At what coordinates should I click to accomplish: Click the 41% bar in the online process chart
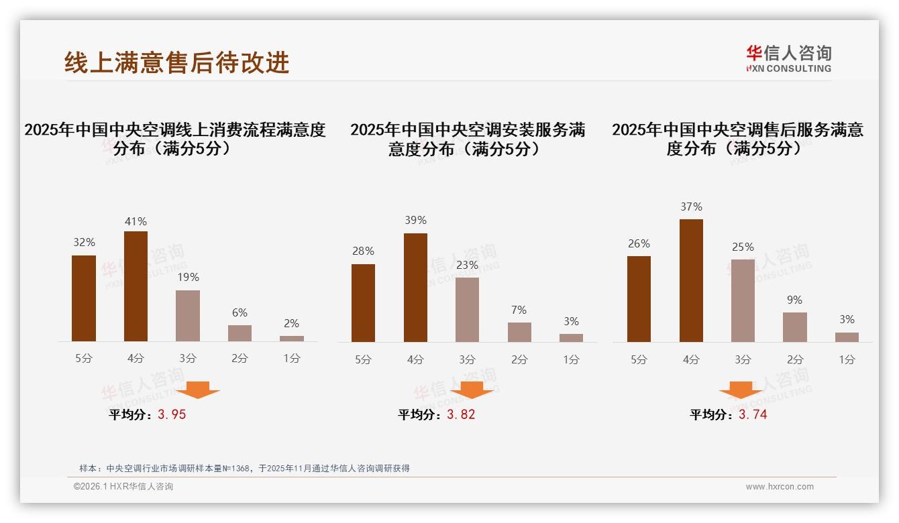pyautogui.click(x=136, y=286)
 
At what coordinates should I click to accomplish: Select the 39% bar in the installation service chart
pyautogui.click(x=415, y=288)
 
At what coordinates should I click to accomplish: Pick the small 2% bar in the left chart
pyautogui.click(x=292, y=339)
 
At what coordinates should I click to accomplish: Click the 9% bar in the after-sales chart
pyautogui.click(x=795, y=327)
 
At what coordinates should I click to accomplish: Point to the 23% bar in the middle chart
pyautogui.click(x=467, y=310)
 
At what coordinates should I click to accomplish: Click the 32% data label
pyautogui.click(x=84, y=243)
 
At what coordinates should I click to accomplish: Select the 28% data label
pyautogui.click(x=364, y=251)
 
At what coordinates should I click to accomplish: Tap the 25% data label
pyautogui.click(x=743, y=247)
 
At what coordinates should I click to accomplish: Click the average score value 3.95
pyautogui.click(x=172, y=414)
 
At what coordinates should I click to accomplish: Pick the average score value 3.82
pyautogui.click(x=461, y=414)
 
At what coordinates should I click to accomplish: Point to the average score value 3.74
pyautogui.click(x=753, y=414)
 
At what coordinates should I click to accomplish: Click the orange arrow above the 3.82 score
pyautogui.click(x=472, y=390)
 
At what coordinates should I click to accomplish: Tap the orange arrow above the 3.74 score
pyautogui.click(x=741, y=390)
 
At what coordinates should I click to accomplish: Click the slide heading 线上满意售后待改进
pyautogui.click(x=177, y=62)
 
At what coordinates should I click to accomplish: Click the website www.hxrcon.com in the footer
pyautogui.click(x=780, y=487)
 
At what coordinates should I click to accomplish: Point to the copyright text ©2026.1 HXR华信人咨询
pyautogui.click(x=123, y=487)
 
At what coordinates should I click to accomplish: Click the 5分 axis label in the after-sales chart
pyautogui.click(x=639, y=360)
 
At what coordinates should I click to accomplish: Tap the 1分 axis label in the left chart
pyautogui.click(x=292, y=359)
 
